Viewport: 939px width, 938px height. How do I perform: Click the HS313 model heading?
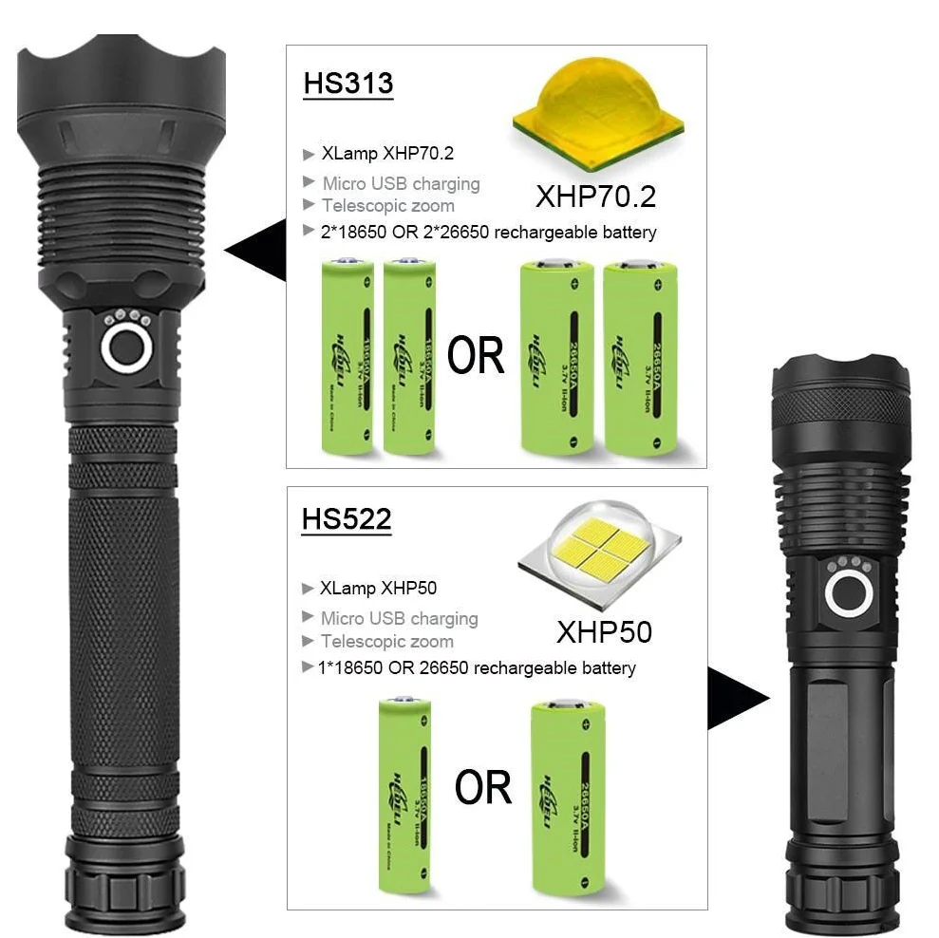pyautogui.click(x=347, y=83)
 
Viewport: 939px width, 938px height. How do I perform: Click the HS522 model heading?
pyautogui.click(x=346, y=519)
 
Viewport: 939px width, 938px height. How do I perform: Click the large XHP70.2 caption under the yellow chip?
pyautogui.click(x=595, y=197)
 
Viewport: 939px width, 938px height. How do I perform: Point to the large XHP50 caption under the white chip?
pyautogui.click(x=604, y=631)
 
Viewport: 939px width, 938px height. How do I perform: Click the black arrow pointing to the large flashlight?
pyautogui.click(x=257, y=250)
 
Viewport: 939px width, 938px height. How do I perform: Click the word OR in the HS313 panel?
pyautogui.click(x=476, y=356)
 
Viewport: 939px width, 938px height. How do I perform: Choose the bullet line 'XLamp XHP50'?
pyautogui.click(x=378, y=589)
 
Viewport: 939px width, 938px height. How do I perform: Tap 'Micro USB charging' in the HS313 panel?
pyautogui.click(x=400, y=183)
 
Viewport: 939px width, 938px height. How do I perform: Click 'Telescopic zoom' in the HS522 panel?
pyautogui.click(x=386, y=641)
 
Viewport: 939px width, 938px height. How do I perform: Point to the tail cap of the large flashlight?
pyautogui.click(x=123, y=883)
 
